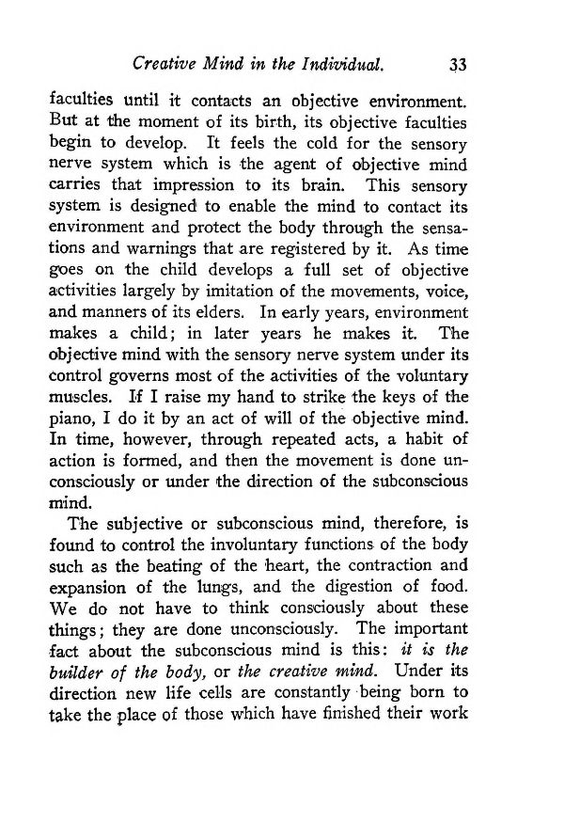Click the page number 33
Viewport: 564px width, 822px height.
pyautogui.click(x=458, y=65)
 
